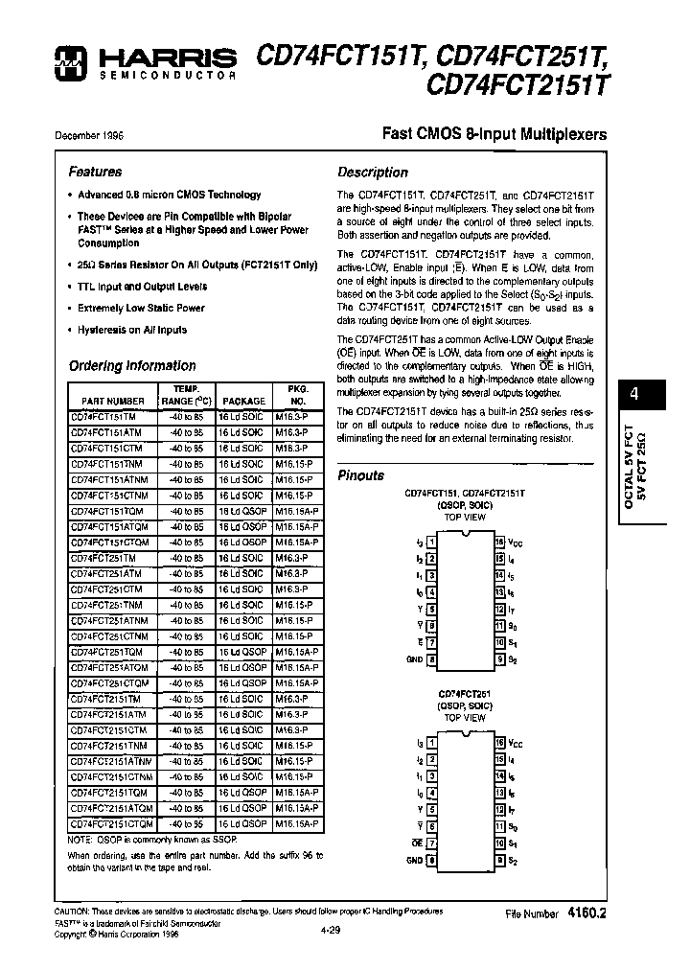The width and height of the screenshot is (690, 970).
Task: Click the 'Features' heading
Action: click(x=95, y=172)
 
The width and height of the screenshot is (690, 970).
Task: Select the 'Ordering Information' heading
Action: click(x=132, y=365)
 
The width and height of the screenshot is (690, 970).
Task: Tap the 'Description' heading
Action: click(x=373, y=173)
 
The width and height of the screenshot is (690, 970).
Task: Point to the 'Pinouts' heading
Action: click(x=361, y=475)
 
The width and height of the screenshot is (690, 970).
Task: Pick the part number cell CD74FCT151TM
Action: click(x=103, y=417)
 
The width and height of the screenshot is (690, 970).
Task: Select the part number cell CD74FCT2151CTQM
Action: click(x=111, y=823)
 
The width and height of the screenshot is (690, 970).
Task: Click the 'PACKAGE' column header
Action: click(x=243, y=401)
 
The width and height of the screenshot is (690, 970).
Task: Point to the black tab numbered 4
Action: click(x=633, y=394)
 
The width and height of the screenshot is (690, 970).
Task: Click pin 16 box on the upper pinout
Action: click(x=499, y=542)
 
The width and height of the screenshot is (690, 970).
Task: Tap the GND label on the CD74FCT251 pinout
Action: click(x=414, y=860)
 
